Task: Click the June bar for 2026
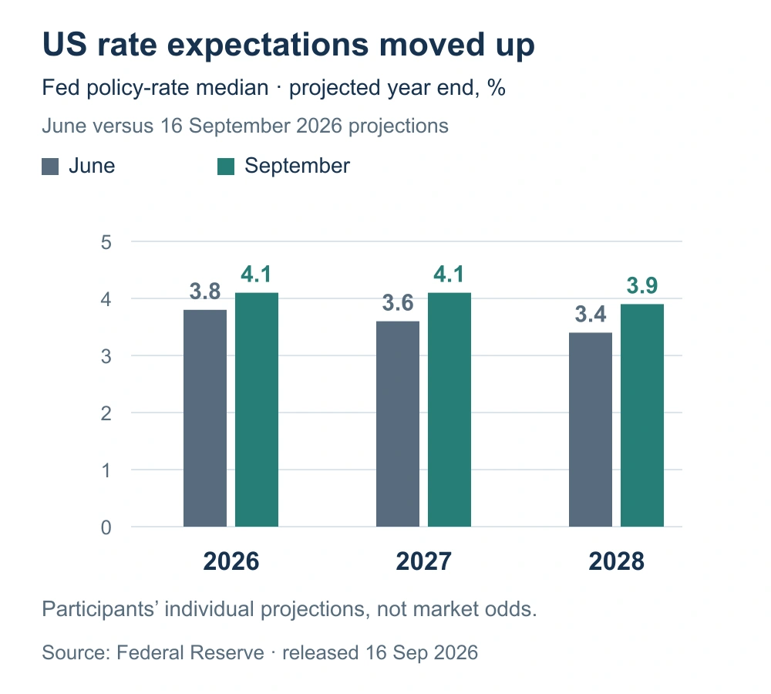coord(205,418)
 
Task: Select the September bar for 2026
coord(257,409)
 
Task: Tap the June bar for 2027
coord(398,424)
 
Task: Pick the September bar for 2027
coord(449,409)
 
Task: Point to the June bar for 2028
coord(591,430)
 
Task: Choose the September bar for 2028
coord(642,416)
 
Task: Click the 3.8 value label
coord(205,291)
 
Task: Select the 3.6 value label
coord(398,303)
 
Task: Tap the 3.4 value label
coord(591,315)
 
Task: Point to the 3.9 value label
coord(642,286)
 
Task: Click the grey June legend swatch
coord(50,167)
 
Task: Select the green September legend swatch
coord(226,167)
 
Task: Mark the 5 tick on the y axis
coord(106,242)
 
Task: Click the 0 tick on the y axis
coord(106,527)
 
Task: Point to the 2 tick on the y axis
coord(106,413)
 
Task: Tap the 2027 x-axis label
coord(424,561)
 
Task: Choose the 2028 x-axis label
coord(617,561)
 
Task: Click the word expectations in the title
coord(268,45)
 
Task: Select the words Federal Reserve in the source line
coord(190,652)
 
